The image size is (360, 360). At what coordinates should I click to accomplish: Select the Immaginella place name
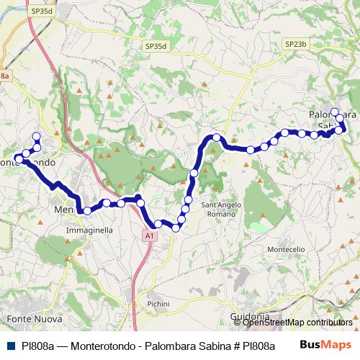pyautogui.click(x=89, y=230)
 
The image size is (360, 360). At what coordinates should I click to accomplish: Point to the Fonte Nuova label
pyautogui.click(x=34, y=318)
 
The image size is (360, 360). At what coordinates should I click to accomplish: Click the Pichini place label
pyautogui.click(x=158, y=305)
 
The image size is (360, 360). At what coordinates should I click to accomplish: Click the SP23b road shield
pyautogui.click(x=295, y=44)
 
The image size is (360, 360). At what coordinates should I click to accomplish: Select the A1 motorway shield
pyautogui.click(x=148, y=235)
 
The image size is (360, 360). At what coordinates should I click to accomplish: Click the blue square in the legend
pyautogui.click(x=11, y=346)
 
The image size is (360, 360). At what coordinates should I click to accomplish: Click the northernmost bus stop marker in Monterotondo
pyautogui.click(x=37, y=136)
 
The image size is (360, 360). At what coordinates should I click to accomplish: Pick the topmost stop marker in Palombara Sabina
pyautogui.click(x=334, y=112)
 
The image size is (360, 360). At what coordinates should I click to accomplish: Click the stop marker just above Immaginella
pyautogui.click(x=87, y=211)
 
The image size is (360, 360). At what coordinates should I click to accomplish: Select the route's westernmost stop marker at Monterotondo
pyautogui.click(x=18, y=158)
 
